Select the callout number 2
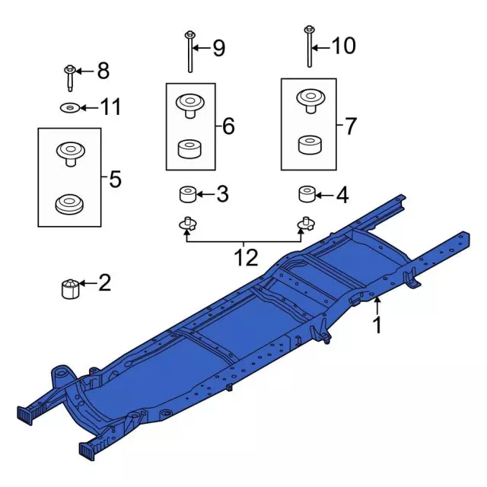click(104, 284)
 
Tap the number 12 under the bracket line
click(246, 258)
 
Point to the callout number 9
click(218, 49)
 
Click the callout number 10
click(343, 46)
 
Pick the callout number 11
click(111, 107)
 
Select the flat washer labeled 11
click(69, 107)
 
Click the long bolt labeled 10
click(309, 46)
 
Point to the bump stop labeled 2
click(70, 288)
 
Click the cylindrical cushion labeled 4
click(307, 195)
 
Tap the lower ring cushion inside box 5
click(69, 203)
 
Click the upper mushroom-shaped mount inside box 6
click(188, 104)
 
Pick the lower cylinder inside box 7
click(308, 145)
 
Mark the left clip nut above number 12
click(186, 224)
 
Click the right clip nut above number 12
click(305, 224)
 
